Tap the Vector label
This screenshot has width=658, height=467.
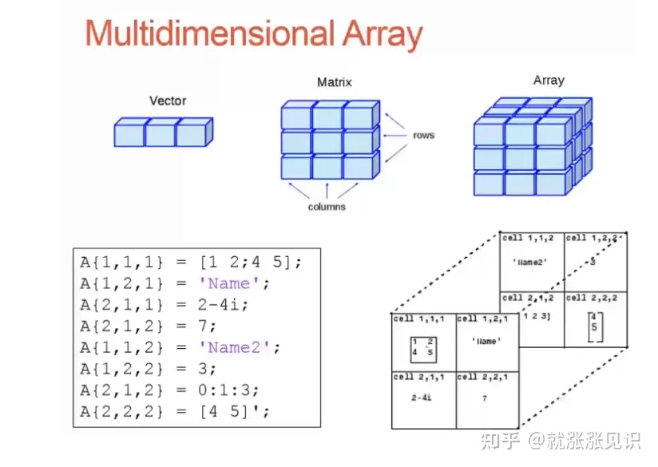[168, 101]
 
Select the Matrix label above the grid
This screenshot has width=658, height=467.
[334, 82]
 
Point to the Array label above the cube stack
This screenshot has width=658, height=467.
[549, 80]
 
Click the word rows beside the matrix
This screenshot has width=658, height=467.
[423, 135]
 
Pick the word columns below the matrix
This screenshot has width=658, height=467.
[327, 207]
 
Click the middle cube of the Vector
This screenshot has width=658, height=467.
[161, 133]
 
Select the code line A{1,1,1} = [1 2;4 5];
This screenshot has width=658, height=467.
[191, 261]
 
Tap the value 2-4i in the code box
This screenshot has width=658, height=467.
[228, 304]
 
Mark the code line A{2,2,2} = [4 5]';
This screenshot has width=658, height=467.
[175, 412]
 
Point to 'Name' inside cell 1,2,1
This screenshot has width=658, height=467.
[486, 341]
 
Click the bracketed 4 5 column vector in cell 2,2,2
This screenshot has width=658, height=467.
[594, 327]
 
